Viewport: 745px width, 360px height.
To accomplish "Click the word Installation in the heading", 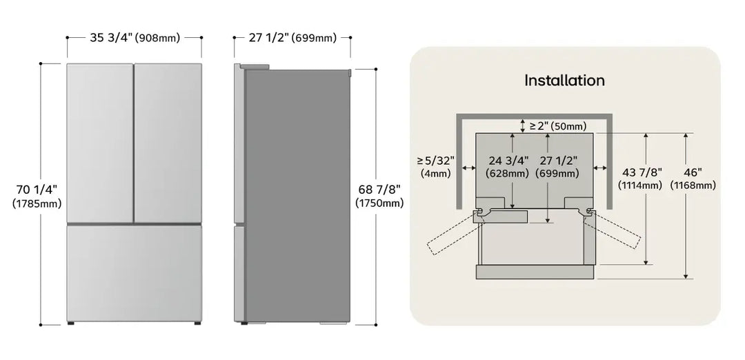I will (564, 80).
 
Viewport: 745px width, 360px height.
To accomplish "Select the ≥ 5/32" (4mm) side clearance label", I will (435, 167).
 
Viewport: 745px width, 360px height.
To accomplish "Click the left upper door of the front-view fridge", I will (100, 143).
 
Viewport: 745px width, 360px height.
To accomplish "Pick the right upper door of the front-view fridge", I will (168, 143).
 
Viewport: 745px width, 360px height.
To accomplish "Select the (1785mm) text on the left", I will (37, 203).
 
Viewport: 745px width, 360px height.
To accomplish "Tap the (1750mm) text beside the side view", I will (378, 203).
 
